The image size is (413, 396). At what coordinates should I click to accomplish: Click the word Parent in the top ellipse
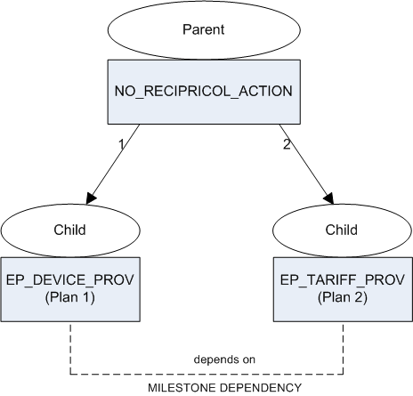[x=204, y=29]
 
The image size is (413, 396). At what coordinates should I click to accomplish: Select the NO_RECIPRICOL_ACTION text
[x=204, y=91]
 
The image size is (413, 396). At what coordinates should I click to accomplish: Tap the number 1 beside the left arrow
[x=121, y=144]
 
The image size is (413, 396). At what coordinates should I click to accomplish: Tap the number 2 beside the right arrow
[x=287, y=144]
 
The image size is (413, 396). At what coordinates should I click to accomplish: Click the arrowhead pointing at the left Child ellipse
[x=91, y=198]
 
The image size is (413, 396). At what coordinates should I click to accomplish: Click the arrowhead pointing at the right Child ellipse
[x=329, y=198]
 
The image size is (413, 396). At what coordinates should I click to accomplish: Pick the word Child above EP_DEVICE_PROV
[x=69, y=230]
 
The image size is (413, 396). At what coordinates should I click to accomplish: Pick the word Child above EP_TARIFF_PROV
[x=342, y=230]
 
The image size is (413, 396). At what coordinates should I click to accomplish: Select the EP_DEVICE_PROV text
[x=70, y=280]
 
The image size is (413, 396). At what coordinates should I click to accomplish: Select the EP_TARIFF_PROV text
[x=343, y=280]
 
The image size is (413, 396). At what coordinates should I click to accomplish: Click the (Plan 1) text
[x=70, y=297]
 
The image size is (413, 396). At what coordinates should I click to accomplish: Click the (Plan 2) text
[x=343, y=297]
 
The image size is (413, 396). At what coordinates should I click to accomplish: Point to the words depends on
[x=224, y=360]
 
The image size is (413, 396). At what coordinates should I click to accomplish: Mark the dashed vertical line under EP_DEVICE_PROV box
[x=70, y=348]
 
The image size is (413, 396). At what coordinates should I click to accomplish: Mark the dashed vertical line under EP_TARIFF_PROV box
[x=344, y=348]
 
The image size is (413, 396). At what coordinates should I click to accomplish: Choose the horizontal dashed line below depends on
[x=206, y=374]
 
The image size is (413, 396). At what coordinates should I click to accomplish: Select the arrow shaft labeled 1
[x=115, y=160]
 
